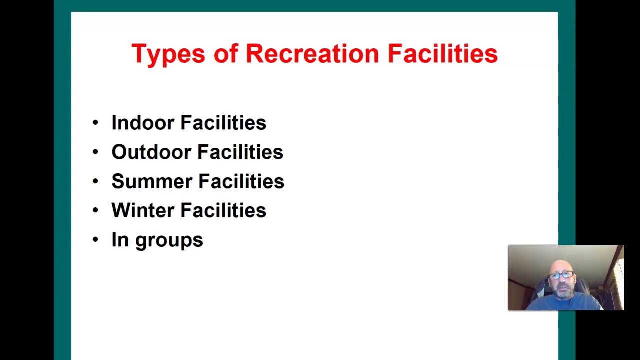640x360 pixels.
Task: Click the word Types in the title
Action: click(x=168, y=54)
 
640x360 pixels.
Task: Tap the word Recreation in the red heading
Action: click(x=312, y=53)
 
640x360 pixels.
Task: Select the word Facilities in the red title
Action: click(x=442, y=53)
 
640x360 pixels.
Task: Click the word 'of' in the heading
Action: click(x=225, y=53)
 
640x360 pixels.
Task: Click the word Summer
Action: click(x=151, y=181)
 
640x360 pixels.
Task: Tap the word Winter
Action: click(x=142, y=210)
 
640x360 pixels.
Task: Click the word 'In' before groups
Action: click(x=120, y=240)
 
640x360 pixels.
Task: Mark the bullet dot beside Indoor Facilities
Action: click(x=95, y=123)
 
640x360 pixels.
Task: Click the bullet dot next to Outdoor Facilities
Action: click(x=95, y=152)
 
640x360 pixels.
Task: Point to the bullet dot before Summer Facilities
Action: click(x=95, y=181)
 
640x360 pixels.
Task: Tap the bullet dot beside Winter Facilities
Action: click(x=95, y=210)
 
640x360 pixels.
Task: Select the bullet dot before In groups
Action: click(x=95, y=240)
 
